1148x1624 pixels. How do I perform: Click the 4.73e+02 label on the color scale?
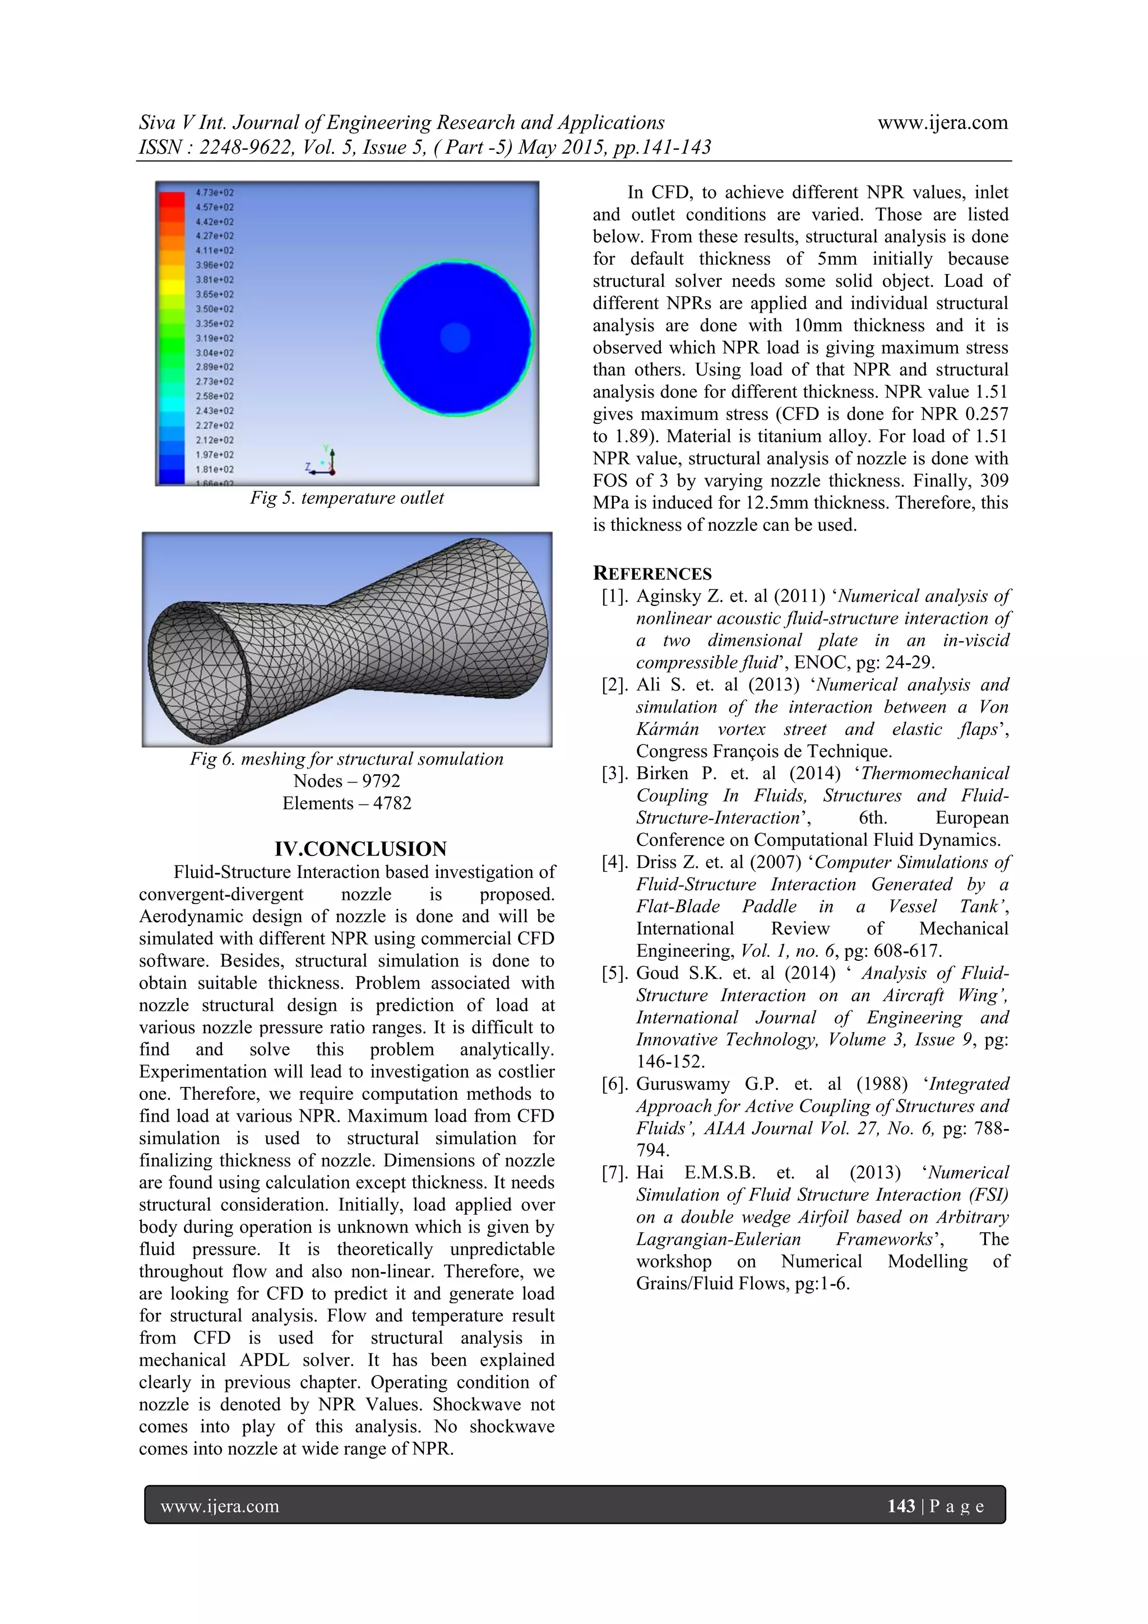[214, 192]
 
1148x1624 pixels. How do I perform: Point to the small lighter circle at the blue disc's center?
[455, 337]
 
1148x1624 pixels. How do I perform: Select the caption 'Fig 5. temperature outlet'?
[346, 498]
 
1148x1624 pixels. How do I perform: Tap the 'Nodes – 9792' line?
[346, 781]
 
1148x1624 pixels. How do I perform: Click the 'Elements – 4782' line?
[346, 803]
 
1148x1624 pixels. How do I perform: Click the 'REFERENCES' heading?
[652, 573]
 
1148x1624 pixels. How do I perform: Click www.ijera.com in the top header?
[942, 122]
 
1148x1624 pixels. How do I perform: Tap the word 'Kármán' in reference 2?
[667, 729]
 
